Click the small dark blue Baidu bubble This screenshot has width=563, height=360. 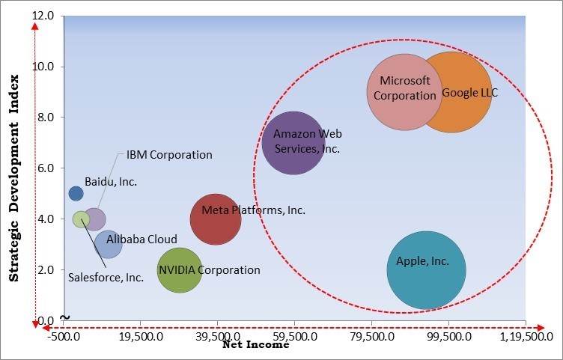point(76,194)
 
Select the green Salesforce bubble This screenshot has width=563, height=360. point(81,219)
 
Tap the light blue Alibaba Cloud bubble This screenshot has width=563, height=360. point(109,244)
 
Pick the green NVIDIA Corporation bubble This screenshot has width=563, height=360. point(180,270)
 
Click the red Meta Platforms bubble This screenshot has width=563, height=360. point(216,219)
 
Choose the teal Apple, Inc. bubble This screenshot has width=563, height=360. point(426,270)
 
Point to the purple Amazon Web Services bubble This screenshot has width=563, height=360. point(293,143)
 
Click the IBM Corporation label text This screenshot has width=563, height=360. point(169,155)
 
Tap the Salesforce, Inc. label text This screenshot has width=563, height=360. point(106,277)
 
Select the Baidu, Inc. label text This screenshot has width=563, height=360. point(111,182)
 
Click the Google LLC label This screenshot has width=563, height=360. point(469,94)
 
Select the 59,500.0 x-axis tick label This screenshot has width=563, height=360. point(294,338)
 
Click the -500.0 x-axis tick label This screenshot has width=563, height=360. point(64,338)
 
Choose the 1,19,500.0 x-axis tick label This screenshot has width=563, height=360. point(525,338)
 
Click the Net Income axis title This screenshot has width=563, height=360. point(256,347)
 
